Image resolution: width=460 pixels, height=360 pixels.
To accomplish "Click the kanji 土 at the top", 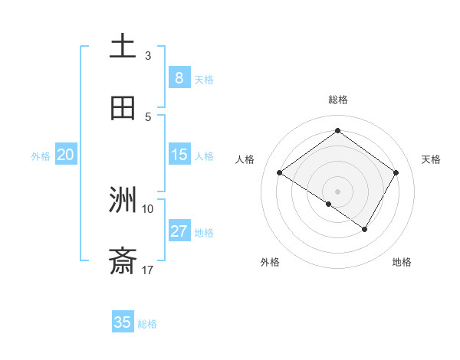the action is [x=123, y=47].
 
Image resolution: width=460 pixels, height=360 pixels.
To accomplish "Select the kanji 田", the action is [x=123, y=108].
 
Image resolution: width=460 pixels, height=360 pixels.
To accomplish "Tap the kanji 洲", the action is [x=123, y=201].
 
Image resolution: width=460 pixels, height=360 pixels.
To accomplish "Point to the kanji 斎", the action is [x=123, y=262].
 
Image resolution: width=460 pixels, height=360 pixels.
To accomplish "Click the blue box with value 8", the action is [x=179, y=77].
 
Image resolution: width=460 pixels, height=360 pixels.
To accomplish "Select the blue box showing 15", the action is [x=179, y=155].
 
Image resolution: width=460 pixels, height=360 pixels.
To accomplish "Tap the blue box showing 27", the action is [x=179, y=231].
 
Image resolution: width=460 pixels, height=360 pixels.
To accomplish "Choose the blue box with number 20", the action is [x=65, y=155].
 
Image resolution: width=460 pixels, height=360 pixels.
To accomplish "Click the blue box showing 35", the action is [x=123, y=322].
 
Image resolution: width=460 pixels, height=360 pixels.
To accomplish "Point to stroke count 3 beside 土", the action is [x=148, y=56].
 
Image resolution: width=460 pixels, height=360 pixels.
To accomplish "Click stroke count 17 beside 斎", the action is [x=148, y=270].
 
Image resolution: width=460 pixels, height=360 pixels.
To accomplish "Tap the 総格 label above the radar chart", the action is [x=337, y=100].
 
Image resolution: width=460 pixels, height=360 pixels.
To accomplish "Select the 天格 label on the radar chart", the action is [x=431, y=159].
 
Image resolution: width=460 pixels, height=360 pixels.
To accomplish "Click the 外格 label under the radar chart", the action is [x=270, y=262].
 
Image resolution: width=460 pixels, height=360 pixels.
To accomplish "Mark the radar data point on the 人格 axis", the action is [x=280, y=173].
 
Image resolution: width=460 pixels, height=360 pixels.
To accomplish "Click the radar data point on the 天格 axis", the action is [x=396, y=172].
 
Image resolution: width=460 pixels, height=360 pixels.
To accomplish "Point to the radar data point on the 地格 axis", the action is [x=365, y=229].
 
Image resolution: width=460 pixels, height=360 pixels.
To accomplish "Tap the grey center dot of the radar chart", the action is [x=337, y=191].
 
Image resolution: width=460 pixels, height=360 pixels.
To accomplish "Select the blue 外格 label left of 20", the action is [x=41, y=155].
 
